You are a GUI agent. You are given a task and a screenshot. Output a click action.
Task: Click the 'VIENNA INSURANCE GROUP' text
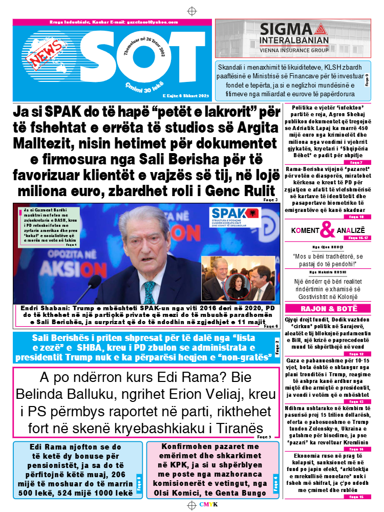pos(294,51)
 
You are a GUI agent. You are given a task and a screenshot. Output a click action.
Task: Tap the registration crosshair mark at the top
pos(192,11)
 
